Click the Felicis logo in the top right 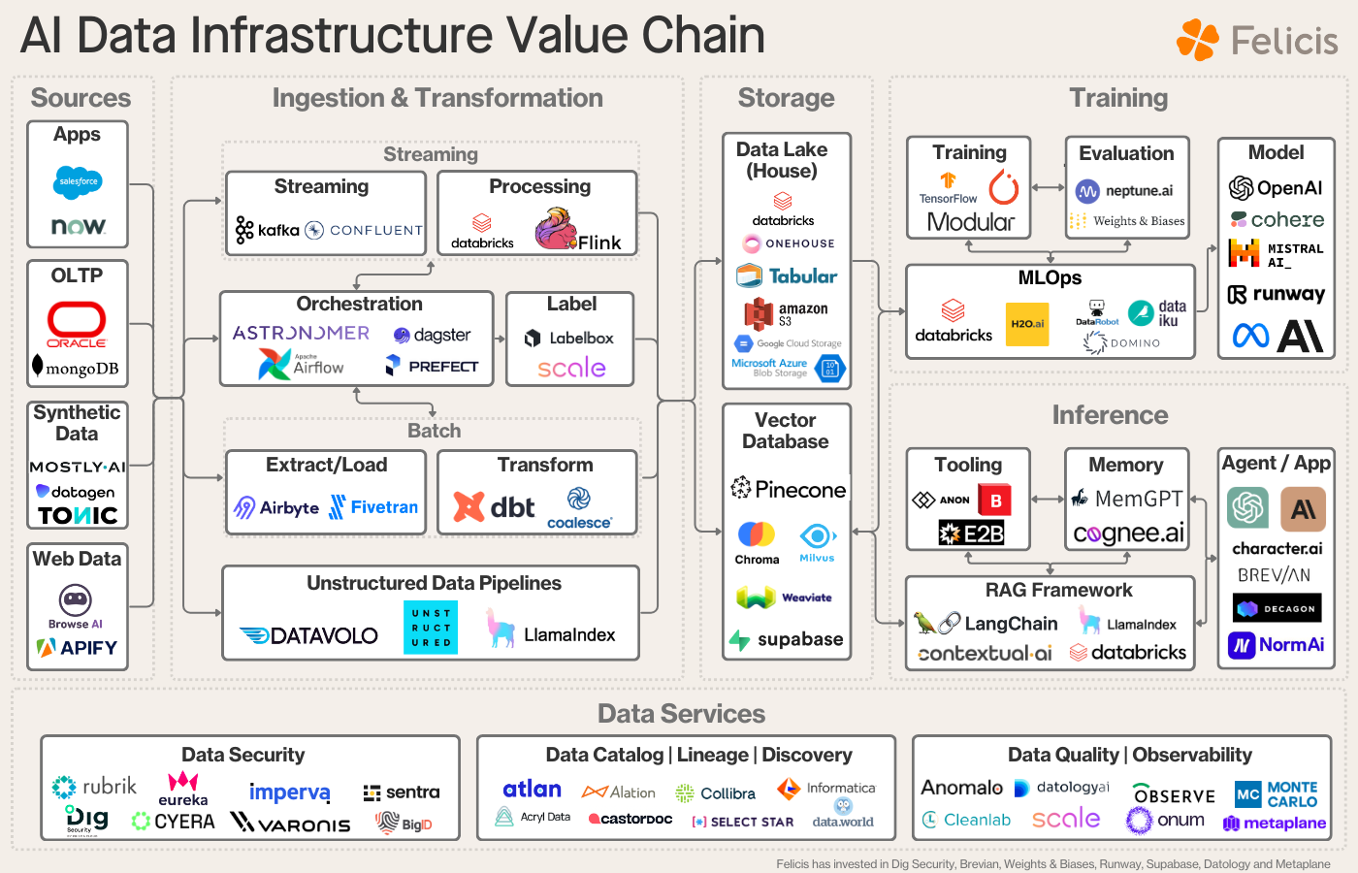1257,41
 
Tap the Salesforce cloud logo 79,181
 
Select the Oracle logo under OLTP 77,324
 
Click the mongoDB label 77,368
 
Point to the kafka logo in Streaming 268,230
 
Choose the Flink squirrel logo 557,230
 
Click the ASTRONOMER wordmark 301,333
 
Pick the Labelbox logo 569,338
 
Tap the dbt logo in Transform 495,507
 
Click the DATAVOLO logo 309,635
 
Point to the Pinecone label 789,490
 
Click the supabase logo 787,639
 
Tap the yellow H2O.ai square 1027,324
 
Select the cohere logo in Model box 1277,220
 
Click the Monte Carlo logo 1277,794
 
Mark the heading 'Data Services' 681,714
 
